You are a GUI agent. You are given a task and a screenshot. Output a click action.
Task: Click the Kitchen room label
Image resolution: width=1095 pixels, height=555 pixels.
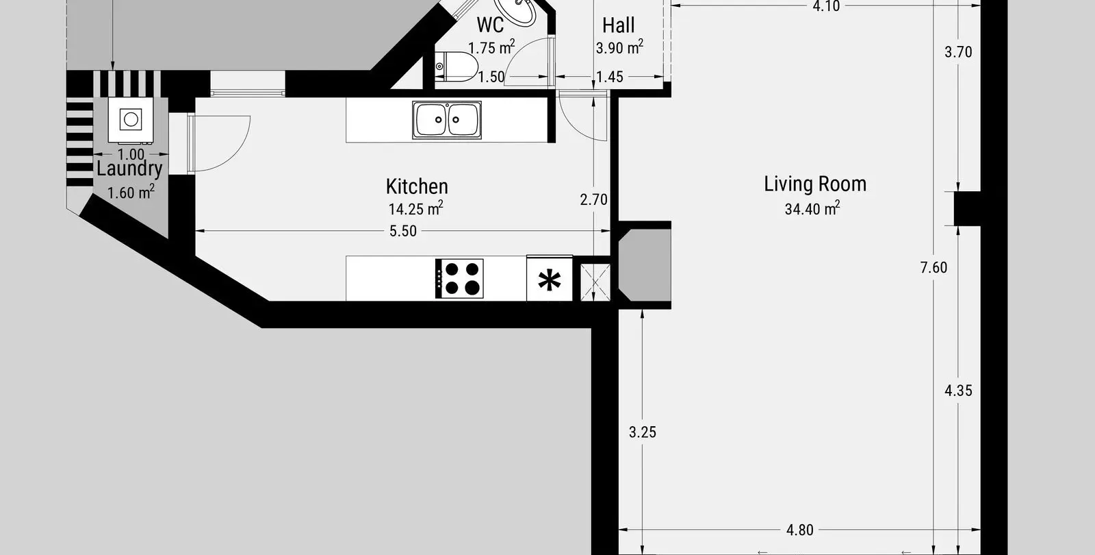[x=417, y=186]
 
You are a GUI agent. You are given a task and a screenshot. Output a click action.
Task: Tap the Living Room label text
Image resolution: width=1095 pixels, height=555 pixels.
[x=815, y=184]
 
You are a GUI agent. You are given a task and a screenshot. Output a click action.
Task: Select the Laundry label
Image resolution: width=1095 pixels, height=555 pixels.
[x=129, y=169]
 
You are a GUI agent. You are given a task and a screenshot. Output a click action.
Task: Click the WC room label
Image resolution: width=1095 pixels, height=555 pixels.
[x=490, y=25]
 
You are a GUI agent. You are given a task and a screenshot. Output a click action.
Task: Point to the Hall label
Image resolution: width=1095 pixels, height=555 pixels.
[x=619, y=25]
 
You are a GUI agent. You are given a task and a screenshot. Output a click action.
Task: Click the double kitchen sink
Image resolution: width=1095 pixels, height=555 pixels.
[x=447, y=120]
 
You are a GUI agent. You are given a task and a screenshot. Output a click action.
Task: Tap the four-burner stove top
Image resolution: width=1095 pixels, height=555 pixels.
[x=459, y=278]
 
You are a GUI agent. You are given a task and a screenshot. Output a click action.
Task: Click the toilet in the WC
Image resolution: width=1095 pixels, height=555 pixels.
[x=456, y=66]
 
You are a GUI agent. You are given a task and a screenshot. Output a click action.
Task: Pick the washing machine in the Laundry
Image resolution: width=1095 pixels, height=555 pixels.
[x=131, y=120]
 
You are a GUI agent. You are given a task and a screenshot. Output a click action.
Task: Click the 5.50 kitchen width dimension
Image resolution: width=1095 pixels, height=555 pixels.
[x=403, y=231]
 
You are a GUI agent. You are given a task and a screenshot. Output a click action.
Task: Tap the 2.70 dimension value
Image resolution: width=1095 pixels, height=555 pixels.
[x=593, y=199]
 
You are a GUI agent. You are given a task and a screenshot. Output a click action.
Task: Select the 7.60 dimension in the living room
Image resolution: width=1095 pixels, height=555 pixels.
[x=933, y=267]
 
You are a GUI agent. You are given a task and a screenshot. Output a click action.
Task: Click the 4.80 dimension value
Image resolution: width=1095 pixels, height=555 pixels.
[x=800, y=530]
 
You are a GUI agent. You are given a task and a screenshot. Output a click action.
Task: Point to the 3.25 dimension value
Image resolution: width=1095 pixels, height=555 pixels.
[x=643, y=432]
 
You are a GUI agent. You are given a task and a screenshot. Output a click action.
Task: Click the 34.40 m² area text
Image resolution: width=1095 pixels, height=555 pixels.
[x=812, y=208]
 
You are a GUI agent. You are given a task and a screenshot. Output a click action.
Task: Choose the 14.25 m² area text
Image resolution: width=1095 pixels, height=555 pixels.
[x=415, y=208]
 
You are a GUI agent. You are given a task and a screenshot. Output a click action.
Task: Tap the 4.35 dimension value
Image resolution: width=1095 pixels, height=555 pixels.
[x=958, y=391]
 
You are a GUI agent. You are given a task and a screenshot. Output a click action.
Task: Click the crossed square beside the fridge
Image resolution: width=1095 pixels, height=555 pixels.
[x=595, y=282]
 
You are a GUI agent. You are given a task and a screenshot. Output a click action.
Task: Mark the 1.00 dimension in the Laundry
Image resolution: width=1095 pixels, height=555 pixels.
[x=131, y=155]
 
